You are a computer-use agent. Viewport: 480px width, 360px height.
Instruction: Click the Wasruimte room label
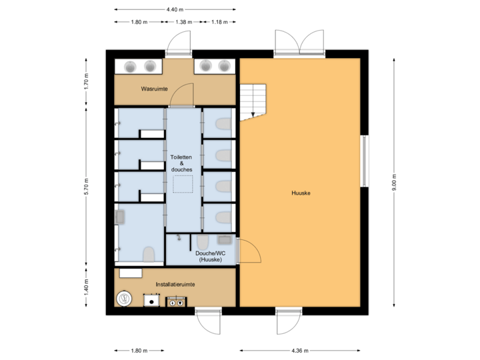154,89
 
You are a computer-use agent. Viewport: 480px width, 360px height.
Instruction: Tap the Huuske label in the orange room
301,193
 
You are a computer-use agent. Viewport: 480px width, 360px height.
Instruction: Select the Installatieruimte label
175,285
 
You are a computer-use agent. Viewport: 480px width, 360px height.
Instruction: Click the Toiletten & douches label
181,163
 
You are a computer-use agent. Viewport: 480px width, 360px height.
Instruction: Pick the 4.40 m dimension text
175,9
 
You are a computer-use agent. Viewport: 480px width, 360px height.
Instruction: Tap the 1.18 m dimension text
219,22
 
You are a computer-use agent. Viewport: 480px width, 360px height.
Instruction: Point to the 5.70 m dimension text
87,187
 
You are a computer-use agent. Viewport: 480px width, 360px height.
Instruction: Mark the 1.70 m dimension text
87,81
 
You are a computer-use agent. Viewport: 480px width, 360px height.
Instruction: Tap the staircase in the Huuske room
253,102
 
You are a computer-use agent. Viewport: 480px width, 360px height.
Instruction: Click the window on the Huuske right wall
364,161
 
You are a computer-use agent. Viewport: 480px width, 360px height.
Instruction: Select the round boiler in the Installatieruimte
124,299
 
